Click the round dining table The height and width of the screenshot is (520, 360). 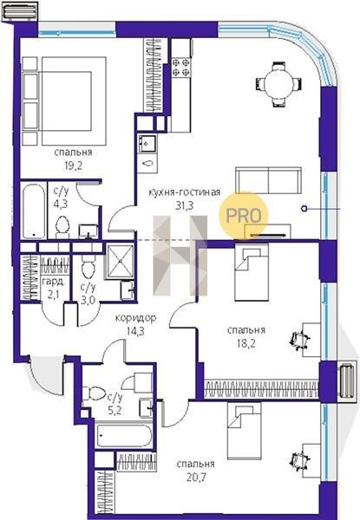pyautogui.click(x=279, y=84)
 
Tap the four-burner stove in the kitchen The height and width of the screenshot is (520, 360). pyautogui.click(x=181, y=68)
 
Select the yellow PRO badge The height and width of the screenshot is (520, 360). pyautogui.click(x=243, y=215)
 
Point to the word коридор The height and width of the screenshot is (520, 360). pyautogui.click(x=135, y=318)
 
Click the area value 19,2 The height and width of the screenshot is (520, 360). pyautogui.click(x=73, y=166)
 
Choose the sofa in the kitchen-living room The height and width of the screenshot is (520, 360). pyautogui.click(x=268, y=180)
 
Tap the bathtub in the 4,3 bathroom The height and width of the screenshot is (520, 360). pyautogui.click(x=34, y=211)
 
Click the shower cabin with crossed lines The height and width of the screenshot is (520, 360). pyautogui.click(x=119, y=261)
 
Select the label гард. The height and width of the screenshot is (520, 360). pyautogui.click(x=53, y=282)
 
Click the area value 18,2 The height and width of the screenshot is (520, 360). pyautogui.click(x=245, y=343)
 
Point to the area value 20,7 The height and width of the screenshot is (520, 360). pyautogui.click(x=196, y=478)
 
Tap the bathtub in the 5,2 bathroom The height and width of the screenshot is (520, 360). pyautogui.click(x=124, y=435)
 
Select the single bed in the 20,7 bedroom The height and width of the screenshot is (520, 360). pyautogui.click(x=245, y=431)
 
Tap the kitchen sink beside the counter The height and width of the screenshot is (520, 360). pyautogui.click(x=147, y=143)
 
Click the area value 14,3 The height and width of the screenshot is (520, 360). pyautogui.click(x=135, y=331)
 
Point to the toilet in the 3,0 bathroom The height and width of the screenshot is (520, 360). pyautogui.click(x=88, y=266)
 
